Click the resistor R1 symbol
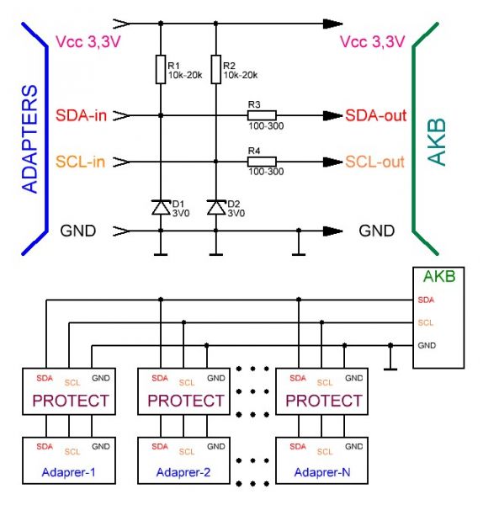tap(161, 69)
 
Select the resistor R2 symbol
tap(216, 69)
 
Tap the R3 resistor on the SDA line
tap(262, 115)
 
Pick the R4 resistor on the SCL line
tap(262, 162)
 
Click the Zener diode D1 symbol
tap(161, 207)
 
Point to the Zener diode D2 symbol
tap(216, 207)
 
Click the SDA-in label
tap(81, 115)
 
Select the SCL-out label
tap(374, 162)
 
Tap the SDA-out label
tap(376, 115)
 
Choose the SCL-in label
tap(81, 162)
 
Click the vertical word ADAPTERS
tap(29, 139)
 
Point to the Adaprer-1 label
tap(69, 472)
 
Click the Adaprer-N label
tap(322, 472)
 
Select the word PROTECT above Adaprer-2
tap(186, 401)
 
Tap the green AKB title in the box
tap(439, 276)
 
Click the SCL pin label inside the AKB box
tap(426, 322)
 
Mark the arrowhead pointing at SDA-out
tap(332, 115)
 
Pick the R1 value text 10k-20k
tap(185, 75)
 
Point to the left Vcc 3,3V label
tap(88, 42)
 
